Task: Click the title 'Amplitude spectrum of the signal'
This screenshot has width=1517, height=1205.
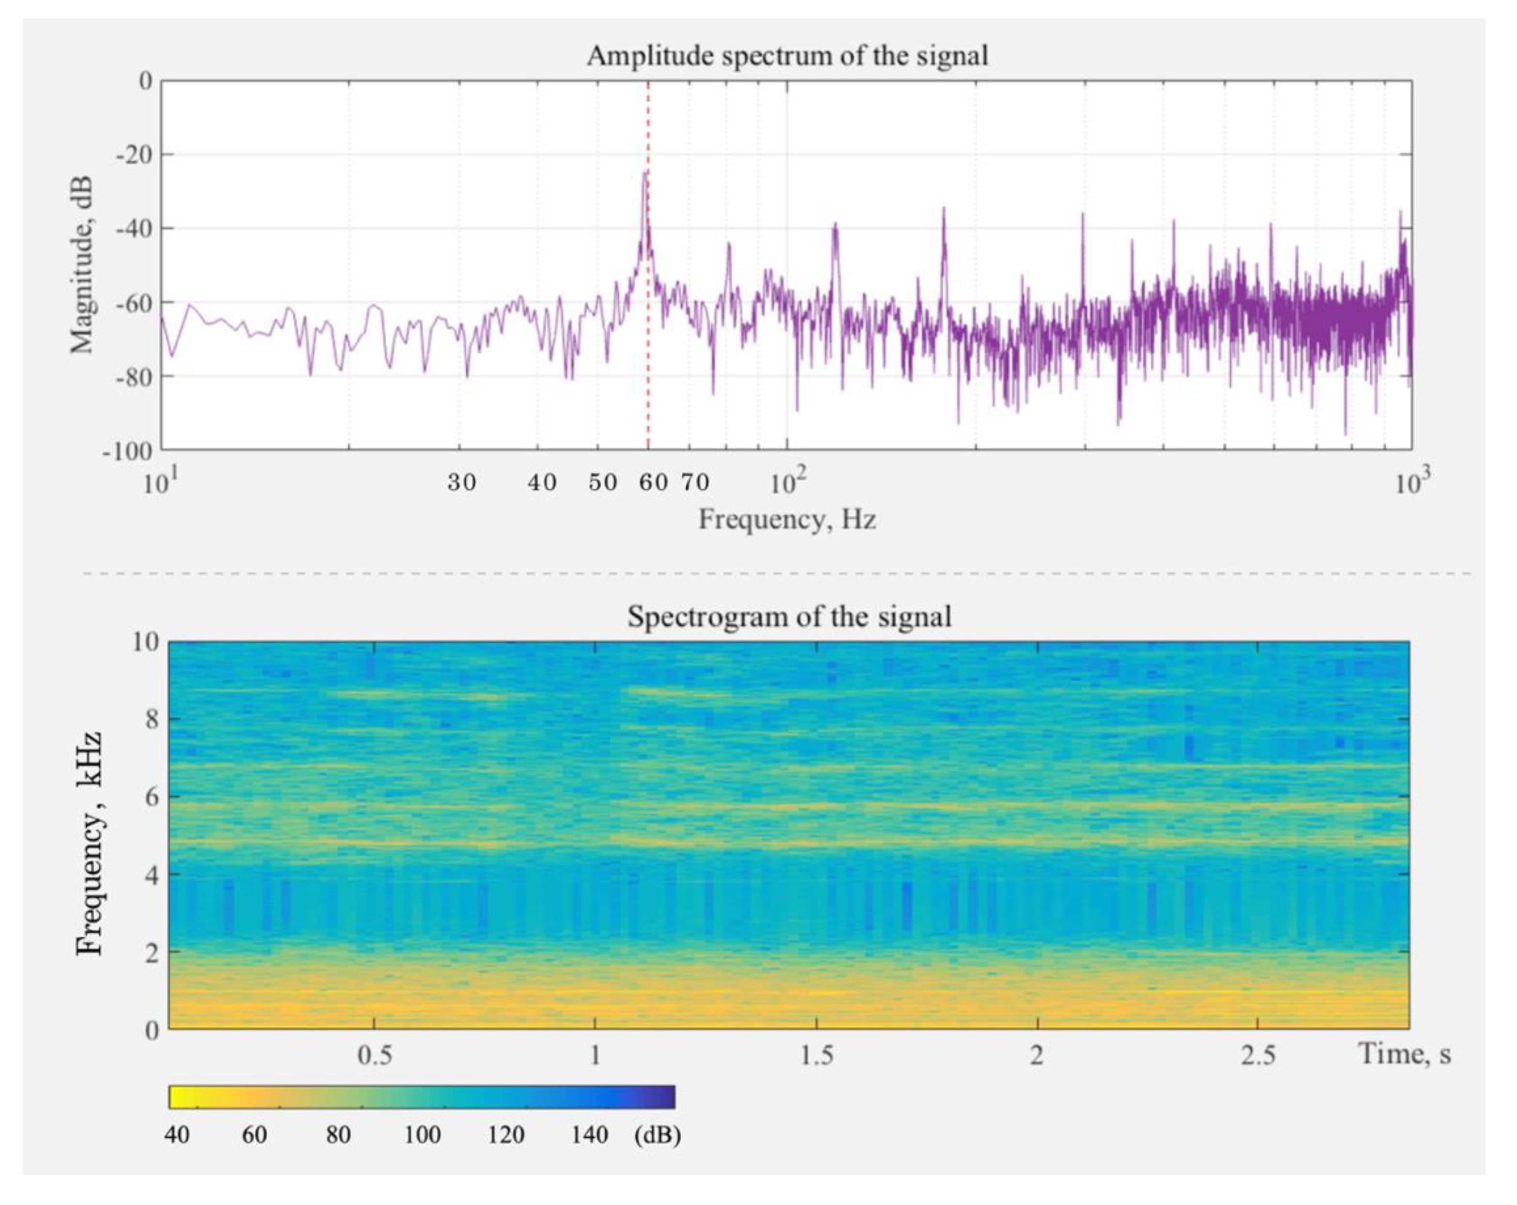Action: (x=787, y=56)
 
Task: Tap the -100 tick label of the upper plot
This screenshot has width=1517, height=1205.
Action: (x=129, y=451)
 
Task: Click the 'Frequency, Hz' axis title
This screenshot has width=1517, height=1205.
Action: (x=787, y=520)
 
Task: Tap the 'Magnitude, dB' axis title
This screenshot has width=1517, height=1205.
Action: (x=82, y=264)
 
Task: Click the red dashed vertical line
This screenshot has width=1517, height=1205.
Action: (x=648, y=352)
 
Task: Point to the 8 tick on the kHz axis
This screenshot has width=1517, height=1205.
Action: (x=152, y=719)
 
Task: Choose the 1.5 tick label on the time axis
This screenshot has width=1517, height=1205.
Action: (x=816, y=1054)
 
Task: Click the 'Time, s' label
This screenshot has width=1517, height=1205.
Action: (x=1404, y=1054)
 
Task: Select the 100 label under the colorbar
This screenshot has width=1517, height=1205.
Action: (x=422, y=1135)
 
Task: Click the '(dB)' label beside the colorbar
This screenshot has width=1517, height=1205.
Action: (x=657, y=1135)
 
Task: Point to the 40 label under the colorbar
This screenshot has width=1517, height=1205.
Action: (x=177, y=1135)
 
